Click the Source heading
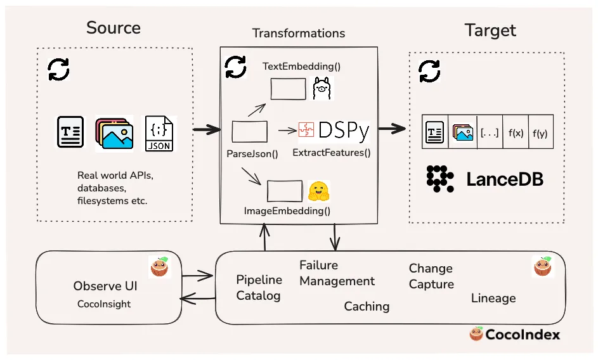click(x=114, y=28)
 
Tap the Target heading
click(x=490, y=30)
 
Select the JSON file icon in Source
click(x=159, y=133)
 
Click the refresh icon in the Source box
click(x=59, y=70)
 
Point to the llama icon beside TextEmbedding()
click(x=323, y=89)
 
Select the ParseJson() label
click(x=252, y=153)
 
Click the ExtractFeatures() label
click(x=331, y=152)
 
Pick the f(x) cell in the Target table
click(x=516, y=132)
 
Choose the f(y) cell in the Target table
click(x=541, y=132)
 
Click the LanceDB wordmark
click(x=505, y=179)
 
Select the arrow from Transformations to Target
click(x=387, y=129)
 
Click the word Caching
click(x=367, y=306)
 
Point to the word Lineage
click(x=493, y=298)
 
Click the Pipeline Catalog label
click(x=258, y=287)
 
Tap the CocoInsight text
click(x=104, y=304)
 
